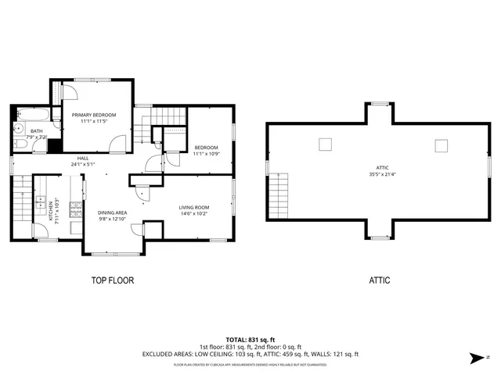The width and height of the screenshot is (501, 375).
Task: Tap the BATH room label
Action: pyautogui.click(x=37, y=130)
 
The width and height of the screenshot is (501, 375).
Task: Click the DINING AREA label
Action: pyautogui.click(x=112, y=212)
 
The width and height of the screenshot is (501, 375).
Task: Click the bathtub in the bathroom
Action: pyautogui.click(x=37, y=117)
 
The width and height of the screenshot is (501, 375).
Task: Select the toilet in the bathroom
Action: pyautogui.click(x=18, y=143)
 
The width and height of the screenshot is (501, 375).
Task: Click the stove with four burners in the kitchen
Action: pyautogui.click(x=75, y=209)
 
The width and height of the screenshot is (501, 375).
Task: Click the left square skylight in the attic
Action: pyautogui.click(x=325, y=144)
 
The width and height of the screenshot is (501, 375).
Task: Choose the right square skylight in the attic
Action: pyautogui.click(x=442, y=145)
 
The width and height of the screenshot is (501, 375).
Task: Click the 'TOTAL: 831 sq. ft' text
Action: pyautogui.click(x=250, y=340)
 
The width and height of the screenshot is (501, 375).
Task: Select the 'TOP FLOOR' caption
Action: pyautogui.click(x=113, y=280)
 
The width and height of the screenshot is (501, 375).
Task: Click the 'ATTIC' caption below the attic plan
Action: pyautogui.click(x=380, y=280)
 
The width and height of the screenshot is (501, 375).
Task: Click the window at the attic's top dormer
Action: pyautogui.click(x=380, y=103)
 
